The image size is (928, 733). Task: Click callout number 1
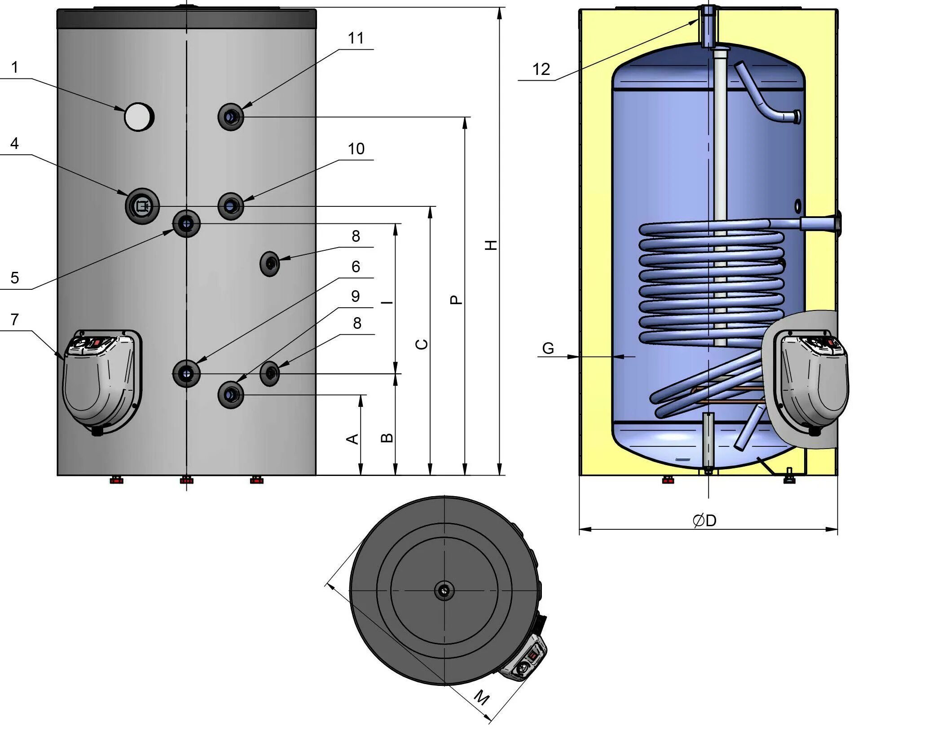click(x=15, y=68)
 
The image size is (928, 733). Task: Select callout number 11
click(x=356, y=39)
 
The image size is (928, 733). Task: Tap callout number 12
click(x=541, y=70)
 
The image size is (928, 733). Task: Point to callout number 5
click(x=15, y=278)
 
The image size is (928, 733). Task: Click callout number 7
click(x=15, y=320)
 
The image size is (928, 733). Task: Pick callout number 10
click(x=356, y=149)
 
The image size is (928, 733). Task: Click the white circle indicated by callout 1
click(x=139, y=117)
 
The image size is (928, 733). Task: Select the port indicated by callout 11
click(x=231, y=117)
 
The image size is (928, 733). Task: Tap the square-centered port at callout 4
click(x=142, y=206)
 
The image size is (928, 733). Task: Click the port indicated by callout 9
click(x=231, y=395)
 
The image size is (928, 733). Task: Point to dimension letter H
click(x=492, y=245)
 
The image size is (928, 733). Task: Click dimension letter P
click(x=456, y=300)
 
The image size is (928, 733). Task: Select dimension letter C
click(x=422, y=344)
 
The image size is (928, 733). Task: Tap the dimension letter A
click(x=353, y=439)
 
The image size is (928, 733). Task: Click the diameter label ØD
click(x=704, y=521)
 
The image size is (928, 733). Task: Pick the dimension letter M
click(x=482, y=698)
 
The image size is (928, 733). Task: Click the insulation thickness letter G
click(x=548, y=349)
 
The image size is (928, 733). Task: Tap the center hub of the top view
click(x=444, y=591)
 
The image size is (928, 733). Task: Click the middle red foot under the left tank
click(x=186, y=480)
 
